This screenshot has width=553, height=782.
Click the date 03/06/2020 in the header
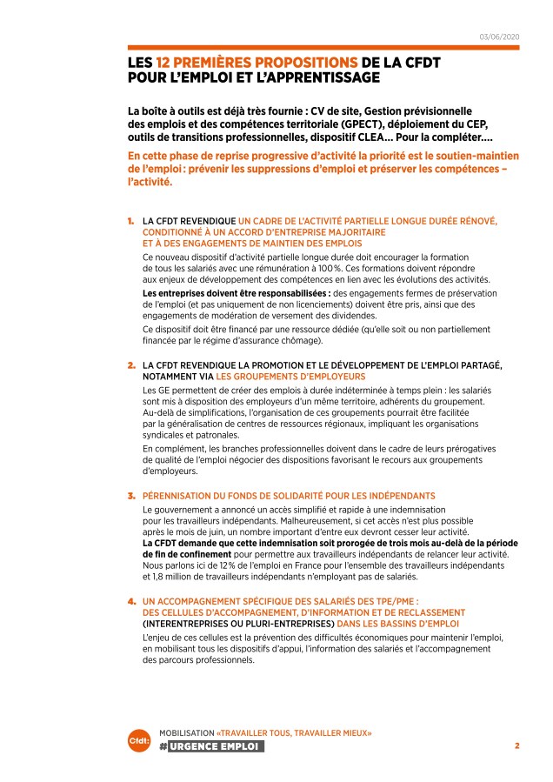click(x=498, y=36)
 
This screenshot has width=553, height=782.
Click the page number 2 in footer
click(x=516, y=745)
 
